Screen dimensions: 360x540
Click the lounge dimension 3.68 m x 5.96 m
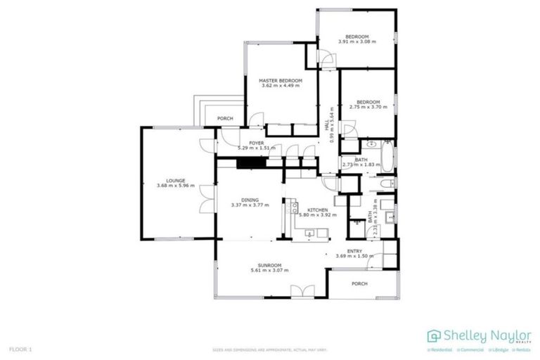(175, 186)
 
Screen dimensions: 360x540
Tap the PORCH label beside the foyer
(225, 118)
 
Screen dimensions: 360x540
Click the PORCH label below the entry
(359, 283)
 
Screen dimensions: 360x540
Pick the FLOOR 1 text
(20, 349)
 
